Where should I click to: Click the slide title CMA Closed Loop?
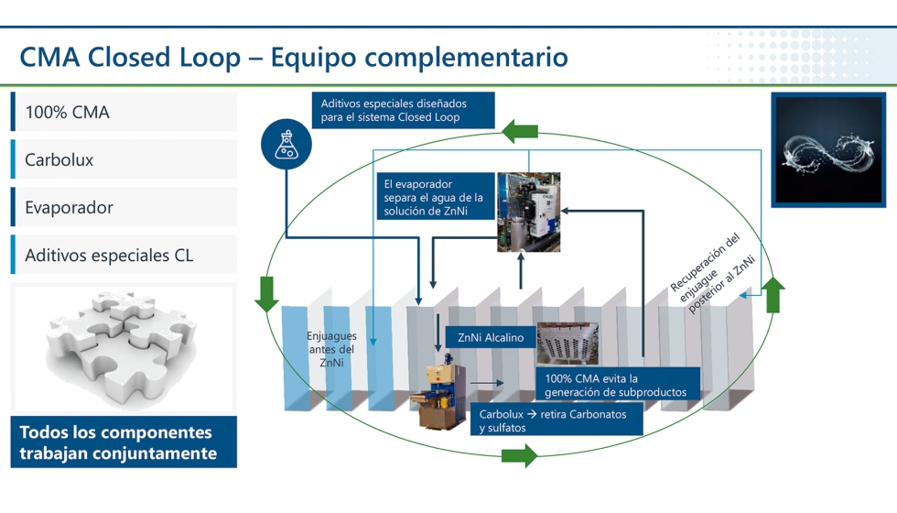[293, 57]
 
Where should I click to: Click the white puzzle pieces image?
[124, 348]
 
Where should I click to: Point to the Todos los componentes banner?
[124, 442]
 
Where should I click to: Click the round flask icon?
[286, 145]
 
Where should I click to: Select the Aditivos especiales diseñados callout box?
[403, 111]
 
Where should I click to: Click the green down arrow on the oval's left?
[266, 293]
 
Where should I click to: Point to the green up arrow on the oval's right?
[774, 295]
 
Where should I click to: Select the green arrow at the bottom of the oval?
[519, 454]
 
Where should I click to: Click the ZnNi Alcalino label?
[491, 338]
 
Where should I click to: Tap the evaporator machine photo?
[528, 212]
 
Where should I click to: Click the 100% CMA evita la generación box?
[619, 385]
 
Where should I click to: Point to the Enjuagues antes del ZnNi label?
[331, 349]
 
